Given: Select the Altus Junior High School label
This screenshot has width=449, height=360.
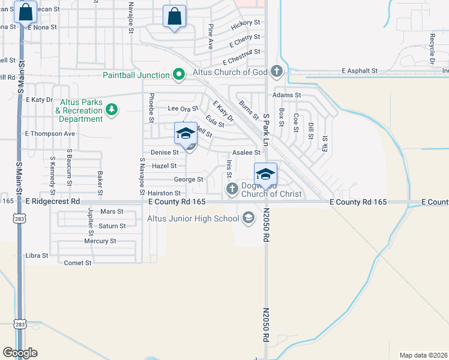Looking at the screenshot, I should (193, 218).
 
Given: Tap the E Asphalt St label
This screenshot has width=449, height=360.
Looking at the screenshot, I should (360, 70).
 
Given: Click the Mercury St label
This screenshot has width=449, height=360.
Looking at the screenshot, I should (100, 241).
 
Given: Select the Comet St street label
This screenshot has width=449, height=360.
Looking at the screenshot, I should (77, 263).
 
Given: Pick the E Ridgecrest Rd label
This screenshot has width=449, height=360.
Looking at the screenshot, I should (53, 203).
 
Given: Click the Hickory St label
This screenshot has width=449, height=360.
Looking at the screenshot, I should (248, 22).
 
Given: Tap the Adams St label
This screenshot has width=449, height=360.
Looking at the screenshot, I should (286, 95).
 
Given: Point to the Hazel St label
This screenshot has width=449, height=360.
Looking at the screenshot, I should (164, 166).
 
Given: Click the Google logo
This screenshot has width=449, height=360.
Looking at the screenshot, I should (20, 352).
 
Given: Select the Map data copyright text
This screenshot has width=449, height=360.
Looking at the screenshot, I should (423, 355).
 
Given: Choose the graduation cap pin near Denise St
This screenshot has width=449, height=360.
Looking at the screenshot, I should (185, 133).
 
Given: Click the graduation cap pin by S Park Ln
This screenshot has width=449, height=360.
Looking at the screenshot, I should (265, 174).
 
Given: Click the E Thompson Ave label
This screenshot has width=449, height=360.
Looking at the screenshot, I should (49, 133).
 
